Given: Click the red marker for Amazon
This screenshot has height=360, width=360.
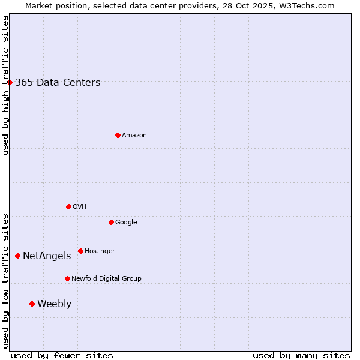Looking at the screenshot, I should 118,135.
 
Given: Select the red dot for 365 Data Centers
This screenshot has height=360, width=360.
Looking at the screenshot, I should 10,82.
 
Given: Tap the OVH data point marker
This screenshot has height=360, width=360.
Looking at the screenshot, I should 68,206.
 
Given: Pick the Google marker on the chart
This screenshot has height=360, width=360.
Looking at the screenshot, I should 111,222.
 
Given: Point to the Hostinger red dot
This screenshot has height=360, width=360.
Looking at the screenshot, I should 80,251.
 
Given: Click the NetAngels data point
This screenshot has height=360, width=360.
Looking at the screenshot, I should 17,256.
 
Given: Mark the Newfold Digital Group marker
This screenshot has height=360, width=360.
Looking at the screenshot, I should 67,278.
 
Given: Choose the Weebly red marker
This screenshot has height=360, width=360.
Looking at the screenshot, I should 32,304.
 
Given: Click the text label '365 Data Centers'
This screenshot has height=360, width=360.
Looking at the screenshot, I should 58,83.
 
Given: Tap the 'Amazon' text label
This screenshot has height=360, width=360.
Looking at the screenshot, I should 134,136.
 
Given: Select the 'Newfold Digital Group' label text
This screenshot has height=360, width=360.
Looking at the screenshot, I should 106,278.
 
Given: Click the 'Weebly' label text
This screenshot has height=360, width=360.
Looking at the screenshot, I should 54,304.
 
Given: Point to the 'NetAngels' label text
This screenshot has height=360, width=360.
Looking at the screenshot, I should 47,256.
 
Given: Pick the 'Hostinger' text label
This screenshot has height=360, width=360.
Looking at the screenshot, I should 100,251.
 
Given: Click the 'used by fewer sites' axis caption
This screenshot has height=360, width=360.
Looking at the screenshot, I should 62,355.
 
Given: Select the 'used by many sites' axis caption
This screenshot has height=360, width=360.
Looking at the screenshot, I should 301,355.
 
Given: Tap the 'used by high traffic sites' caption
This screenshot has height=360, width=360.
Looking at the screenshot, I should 5,85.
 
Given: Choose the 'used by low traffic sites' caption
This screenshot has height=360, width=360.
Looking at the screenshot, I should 5,281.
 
